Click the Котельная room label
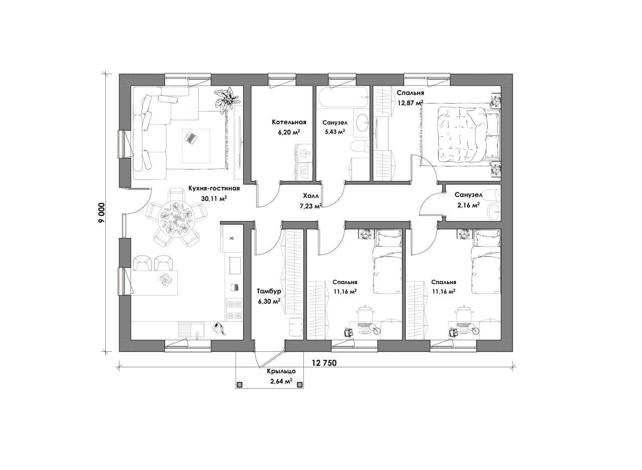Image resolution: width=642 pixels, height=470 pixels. (289, 122)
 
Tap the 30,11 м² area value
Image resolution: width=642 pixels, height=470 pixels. (214, 198)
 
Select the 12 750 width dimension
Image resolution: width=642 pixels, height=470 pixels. (324, 363)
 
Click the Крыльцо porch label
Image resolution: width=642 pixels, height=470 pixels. (281, 371)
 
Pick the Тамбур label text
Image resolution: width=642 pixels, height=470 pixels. (269, 292)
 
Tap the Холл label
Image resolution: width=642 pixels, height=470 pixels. (310, 196)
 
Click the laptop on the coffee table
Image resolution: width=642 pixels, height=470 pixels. (190, 137)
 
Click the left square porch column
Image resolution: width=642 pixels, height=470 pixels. (240, 384)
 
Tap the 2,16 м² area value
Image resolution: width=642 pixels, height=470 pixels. (467, 205)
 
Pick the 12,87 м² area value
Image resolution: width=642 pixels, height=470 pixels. (410, 103)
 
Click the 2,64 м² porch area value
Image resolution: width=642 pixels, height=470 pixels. (281, 381)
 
